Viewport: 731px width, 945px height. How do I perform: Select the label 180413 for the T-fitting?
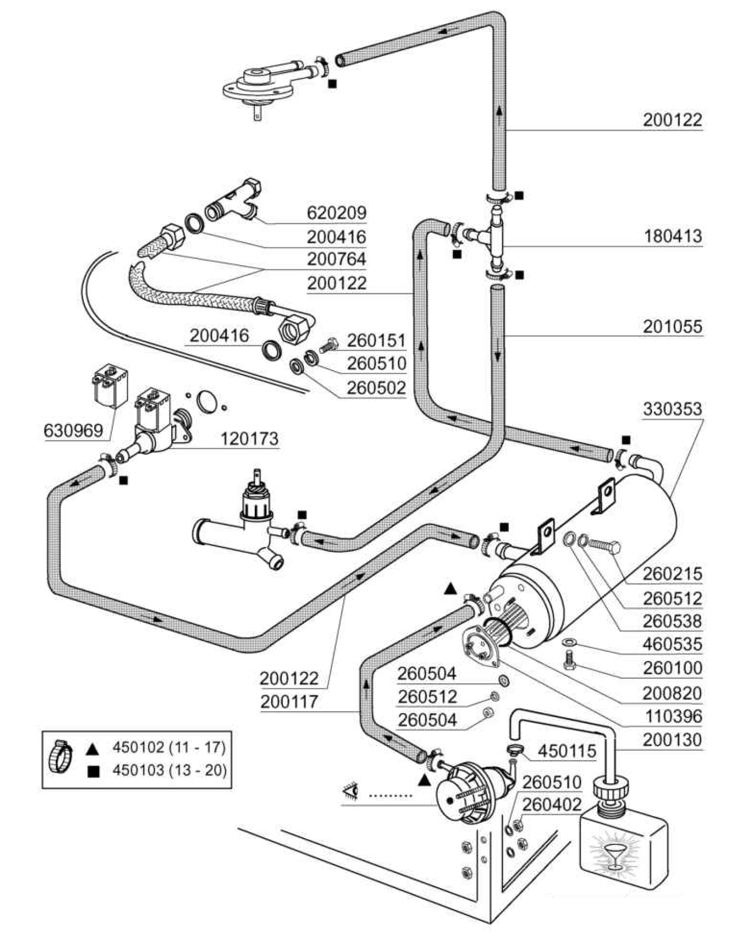click(x=673, y=236)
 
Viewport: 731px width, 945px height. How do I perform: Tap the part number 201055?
click(x=673, y=327)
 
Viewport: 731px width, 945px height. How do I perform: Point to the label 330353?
click(x=673, y=409)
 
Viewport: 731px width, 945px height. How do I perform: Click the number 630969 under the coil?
click(x=73, y=431)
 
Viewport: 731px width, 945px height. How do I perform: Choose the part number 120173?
click(x=249, y=439)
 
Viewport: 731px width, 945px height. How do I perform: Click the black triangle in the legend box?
click(x=93, y=748)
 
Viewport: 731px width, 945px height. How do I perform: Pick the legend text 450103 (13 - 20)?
click(x=169, y=771)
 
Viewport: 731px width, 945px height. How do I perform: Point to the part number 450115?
click(x=567, y=751)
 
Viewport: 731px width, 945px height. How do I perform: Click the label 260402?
click(x=552, y=804)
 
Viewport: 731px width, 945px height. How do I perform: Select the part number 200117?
click(x=289, y=702)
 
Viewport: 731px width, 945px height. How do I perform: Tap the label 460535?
click(x=673, y=644)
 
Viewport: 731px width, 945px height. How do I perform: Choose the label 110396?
click(x=673, y=717)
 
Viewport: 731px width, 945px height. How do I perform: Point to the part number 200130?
click(x=673, y=740)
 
